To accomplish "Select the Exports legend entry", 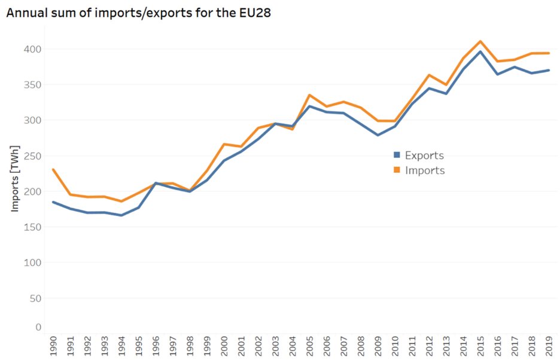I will tap(424, 155).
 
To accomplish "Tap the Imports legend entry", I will tap(425, 170).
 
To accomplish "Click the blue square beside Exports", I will tap(397, 155).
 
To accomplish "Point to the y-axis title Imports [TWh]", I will tap(15, 178).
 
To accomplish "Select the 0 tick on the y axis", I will tap(38, 327).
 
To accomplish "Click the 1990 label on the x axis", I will tap(53, 346).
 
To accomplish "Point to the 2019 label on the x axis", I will tap(549, 346).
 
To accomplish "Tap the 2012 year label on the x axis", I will tap(429, 346).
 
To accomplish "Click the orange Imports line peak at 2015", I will tap(480, 41).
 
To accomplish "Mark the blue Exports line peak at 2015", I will tap(480, 51).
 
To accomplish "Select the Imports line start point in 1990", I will tap(53, 169).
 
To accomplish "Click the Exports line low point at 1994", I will tap(121, 215).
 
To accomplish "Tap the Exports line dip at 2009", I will tap(378, 135).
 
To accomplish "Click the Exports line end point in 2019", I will tap(549, 70).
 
